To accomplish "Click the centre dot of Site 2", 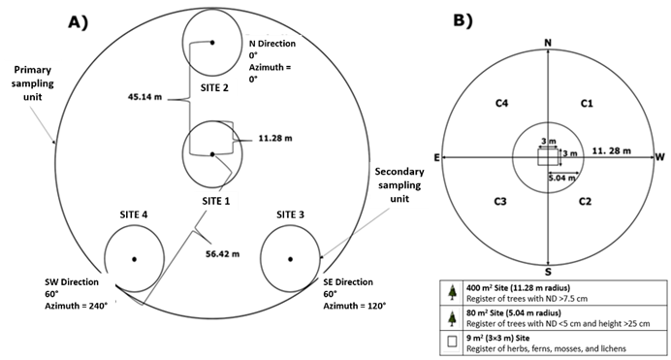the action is tap(211, 43).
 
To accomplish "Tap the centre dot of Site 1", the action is tap(212, 154).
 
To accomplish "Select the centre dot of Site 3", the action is tap(290, 259).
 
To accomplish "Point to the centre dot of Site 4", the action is tap(135, 259).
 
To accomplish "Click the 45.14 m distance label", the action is tap(144, 97).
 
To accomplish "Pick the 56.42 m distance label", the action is tap(222, 254).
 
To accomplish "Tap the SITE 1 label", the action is tap(215, 201).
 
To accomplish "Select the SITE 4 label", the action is tap(134, 214).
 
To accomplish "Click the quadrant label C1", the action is tap(587, 103).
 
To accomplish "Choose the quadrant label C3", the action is tap(500, 201).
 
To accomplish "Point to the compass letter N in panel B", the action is tap(548, 43).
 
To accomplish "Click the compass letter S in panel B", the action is tap(548, 272).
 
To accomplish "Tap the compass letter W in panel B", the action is tap(660, 157).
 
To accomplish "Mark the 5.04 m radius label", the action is tap(562, 178).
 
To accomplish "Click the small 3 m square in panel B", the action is tap(548, 157).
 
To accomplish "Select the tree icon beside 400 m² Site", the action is tap(452, 293).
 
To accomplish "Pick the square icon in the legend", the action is tap(452, 342).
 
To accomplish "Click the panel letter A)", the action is tap(79, 21).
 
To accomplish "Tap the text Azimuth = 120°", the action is tap(354, 306).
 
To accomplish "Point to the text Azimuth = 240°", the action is tap(77, 306).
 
